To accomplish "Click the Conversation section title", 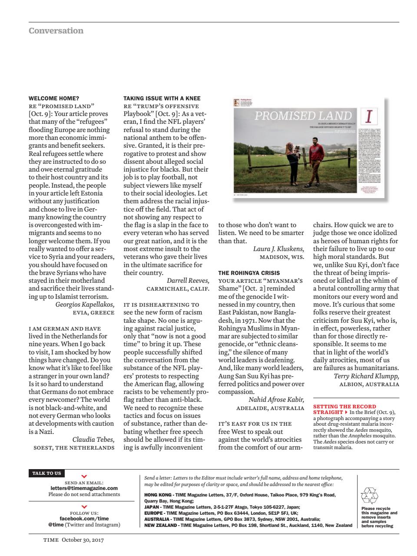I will tap(56, 31).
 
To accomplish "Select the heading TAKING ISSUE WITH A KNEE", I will tap(162, 99).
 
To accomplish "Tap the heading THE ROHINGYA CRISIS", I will tap(249, 273).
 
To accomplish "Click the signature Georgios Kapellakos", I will tap(85, 304).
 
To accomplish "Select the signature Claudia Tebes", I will tap(93, 440).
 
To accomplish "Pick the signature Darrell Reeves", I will tap(188, 281).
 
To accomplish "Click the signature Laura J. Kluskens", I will tap(278, 249).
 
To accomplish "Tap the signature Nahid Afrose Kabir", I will tap(276, 400).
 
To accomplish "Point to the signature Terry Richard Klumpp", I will tap(366, 376).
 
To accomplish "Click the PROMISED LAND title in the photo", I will tap(303, 116).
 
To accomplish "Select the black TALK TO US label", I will tap(46, 473).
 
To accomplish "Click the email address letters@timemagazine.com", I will tap(84, 488).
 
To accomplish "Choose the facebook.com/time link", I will tap(84, 519).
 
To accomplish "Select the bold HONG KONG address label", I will tap(157, 495).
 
